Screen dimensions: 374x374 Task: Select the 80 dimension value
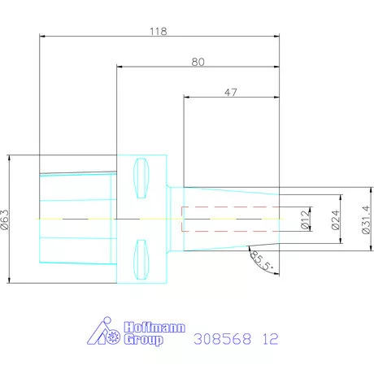point(198,61)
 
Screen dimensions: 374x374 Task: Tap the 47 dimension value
point(230,93)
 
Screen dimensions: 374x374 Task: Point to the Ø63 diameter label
point(7,220)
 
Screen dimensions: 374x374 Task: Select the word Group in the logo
point(142,340)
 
